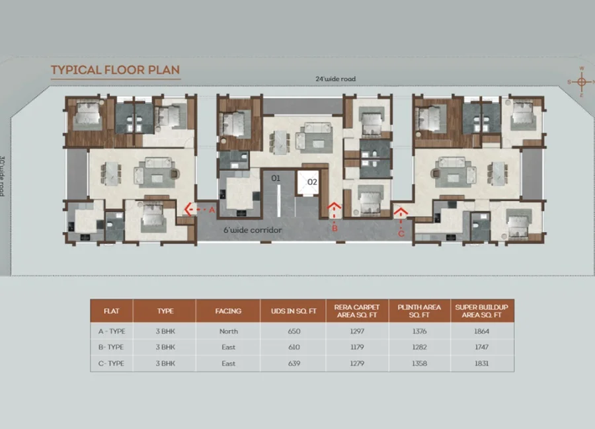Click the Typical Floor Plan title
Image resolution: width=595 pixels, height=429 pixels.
115,70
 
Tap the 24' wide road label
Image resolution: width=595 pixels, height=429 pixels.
335,79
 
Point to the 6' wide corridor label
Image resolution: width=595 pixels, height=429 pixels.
253,230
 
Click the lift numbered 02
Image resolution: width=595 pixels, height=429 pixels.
308,183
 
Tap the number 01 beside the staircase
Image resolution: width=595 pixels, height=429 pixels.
276,178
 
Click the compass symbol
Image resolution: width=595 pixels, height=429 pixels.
581,81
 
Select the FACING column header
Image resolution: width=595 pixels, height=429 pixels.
228,311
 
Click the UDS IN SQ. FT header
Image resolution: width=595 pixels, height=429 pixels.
294,311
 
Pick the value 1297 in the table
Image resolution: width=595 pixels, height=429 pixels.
357,331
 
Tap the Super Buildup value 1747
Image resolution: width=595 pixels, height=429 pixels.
481,347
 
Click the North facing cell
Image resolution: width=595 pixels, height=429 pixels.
229,331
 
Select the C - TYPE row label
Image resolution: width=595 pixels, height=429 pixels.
111,364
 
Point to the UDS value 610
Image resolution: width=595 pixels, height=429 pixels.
294,347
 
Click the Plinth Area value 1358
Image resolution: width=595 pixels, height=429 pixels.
419,364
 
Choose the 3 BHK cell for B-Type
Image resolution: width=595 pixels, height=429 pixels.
165,347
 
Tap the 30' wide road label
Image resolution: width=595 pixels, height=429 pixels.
3,176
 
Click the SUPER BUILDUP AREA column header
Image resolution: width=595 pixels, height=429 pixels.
481,311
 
